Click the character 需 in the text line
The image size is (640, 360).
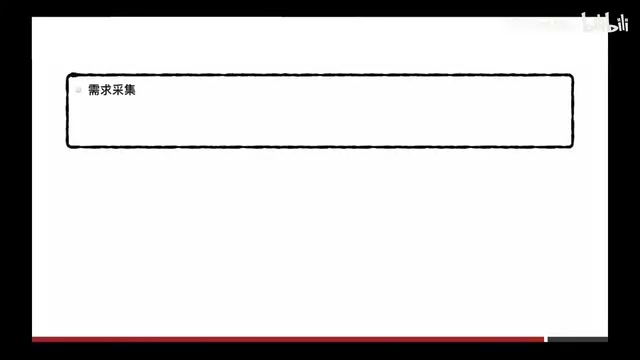coord(94,90)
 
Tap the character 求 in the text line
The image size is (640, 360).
coord(106,90)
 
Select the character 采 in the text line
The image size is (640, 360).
coord(118,90)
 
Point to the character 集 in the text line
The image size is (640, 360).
coord(129,90)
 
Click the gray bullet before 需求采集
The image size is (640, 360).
coord(78,90)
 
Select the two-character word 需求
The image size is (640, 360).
coord(100,90)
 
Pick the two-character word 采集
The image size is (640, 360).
coord(124,90)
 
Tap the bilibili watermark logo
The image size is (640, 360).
coord(605,22)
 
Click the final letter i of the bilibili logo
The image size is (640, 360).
coord(625,24)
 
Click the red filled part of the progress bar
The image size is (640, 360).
coord(288,340)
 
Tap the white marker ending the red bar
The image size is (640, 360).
coord(546,340)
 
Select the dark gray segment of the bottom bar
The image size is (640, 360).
coord(578,340)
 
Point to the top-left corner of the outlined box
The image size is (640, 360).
coord(68,75)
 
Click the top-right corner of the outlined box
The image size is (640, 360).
coord(572,76)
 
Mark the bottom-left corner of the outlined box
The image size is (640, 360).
coord(68,146)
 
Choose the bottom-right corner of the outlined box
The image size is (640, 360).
coord(572,146)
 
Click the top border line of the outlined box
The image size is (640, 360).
coord(320,75)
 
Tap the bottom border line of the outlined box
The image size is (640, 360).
coord(320,147)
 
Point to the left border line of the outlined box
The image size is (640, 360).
coord(67,111)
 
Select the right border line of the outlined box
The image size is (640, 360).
coord(573,111)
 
